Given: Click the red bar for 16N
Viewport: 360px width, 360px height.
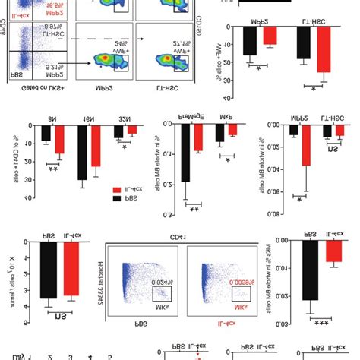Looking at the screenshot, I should [x=96, y=156].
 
